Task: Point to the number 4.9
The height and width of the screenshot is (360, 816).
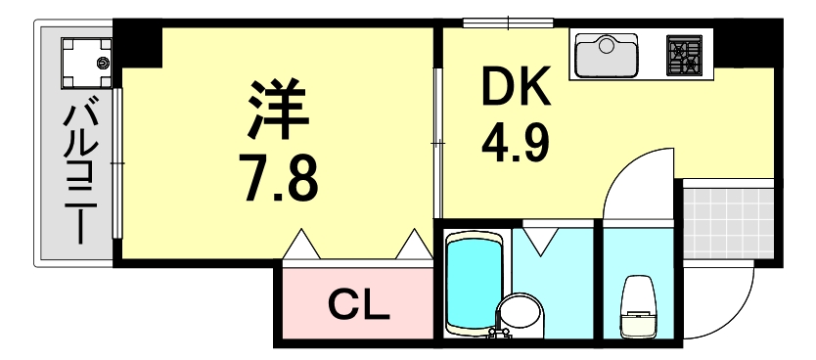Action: (515, 143)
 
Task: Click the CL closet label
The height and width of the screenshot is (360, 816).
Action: (359, 305)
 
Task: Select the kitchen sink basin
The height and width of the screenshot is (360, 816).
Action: (606, 56)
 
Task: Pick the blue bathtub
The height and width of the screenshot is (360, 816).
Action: (473, 282)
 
